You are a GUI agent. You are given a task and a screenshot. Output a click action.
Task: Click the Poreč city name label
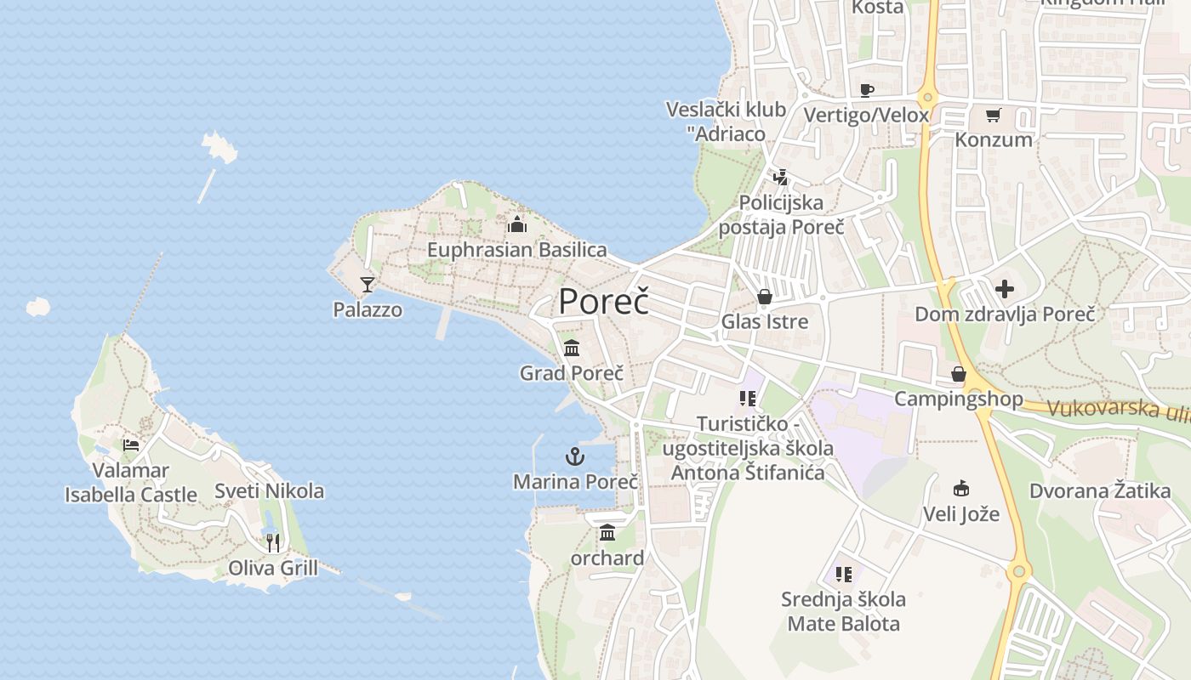pos(603,302)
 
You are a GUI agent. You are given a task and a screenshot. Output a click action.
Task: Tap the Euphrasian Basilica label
pos(516,250)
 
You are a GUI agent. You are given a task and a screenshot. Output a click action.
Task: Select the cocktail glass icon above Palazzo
pos(368,284)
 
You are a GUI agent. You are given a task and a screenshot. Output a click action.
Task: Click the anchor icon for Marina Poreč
pos(575,456)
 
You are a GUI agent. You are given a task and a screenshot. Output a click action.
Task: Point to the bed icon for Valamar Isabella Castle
pos(131,445)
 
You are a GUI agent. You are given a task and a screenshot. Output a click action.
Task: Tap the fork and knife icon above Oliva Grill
pos(273,542)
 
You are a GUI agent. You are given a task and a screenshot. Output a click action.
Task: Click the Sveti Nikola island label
pos(269,490)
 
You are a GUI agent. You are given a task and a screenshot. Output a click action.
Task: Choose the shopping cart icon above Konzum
pos(994,115)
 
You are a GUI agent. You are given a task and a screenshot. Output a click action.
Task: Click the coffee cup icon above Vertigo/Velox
pos(867,90)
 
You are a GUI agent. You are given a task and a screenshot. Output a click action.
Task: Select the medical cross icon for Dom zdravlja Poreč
pos(1005,289)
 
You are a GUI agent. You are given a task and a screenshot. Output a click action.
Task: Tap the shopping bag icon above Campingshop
pos(959,374)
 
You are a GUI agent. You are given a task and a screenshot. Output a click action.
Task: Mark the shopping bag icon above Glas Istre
pos(765,297)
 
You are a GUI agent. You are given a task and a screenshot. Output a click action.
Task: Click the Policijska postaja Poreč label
pos(781,214)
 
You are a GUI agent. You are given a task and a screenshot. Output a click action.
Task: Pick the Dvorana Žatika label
pos(1100,490)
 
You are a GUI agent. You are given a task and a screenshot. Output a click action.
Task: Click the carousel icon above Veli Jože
pos(961,489)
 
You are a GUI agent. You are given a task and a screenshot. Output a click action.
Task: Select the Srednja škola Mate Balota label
pos(843,611)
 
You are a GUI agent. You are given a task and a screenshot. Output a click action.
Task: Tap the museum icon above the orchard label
pos(607,533)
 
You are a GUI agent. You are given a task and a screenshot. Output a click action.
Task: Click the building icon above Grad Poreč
pos(572,348)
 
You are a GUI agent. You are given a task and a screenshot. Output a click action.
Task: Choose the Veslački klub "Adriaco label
pos(726,121)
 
